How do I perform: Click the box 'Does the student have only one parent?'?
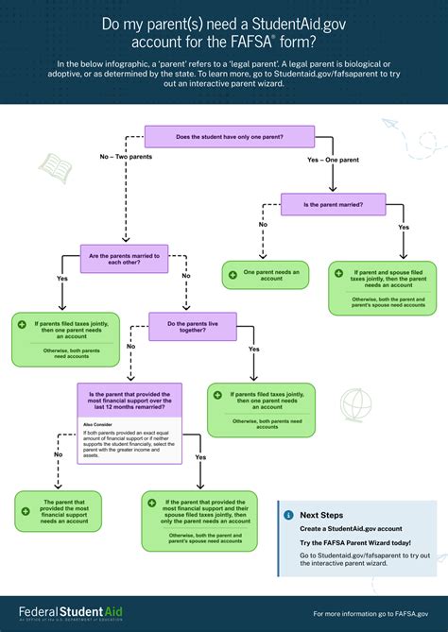point(230,137)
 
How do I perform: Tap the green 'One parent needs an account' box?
point(267,274)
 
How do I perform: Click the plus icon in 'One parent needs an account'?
point(233,274)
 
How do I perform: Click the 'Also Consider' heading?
point(98,424)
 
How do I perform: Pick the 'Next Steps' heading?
point(320,515)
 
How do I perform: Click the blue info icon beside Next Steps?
point(288,515)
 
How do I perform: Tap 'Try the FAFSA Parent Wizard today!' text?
point(355,543)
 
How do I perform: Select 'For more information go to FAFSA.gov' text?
point(370,613)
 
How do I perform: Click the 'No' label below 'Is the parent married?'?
point(263,224)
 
